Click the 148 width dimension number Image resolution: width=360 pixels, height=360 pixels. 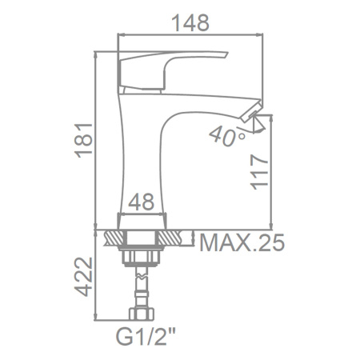pos(190,23)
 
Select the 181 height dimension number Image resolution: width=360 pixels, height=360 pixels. pos(83,141)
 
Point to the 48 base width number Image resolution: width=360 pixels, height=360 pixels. pos(142,202)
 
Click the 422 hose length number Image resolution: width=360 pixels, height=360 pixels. pos(83,277)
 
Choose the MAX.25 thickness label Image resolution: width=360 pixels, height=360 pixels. pos(242,242)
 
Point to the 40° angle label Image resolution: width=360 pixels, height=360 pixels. pos(227,137)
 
